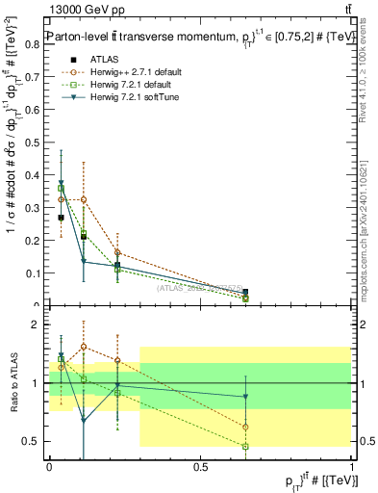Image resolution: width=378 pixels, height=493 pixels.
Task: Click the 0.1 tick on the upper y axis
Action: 36,273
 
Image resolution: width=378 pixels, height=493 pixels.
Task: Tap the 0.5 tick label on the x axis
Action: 200,466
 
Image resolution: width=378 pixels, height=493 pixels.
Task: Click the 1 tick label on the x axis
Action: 351,466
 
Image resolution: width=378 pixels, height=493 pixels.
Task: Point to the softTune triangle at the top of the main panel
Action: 62,183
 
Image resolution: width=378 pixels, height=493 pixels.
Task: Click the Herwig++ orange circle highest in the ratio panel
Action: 84,347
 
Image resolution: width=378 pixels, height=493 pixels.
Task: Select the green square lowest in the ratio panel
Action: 245,447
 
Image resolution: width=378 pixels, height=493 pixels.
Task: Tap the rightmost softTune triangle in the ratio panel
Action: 245,397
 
